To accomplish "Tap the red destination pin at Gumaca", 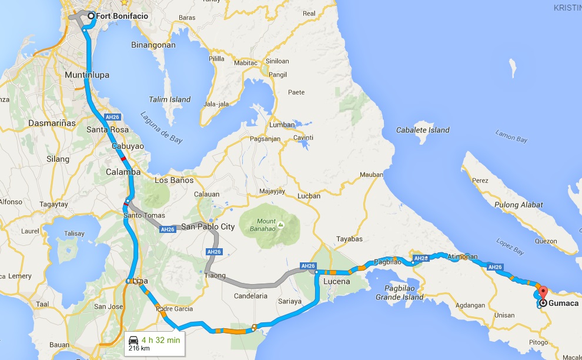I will [542, 291].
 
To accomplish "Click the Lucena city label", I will [336, 281].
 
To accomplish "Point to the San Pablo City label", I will [208, 226].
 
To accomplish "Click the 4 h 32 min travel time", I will [160, 339].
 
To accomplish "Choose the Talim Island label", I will [171, 99].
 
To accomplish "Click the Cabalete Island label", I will [423, 130].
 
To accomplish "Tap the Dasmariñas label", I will [52, 124].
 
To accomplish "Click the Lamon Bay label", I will [511, 138].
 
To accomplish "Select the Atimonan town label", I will [464, 256].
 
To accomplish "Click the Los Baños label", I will [173, 180].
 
